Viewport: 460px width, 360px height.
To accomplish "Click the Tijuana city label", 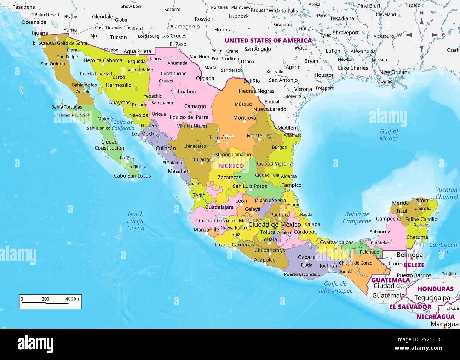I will pos(39,33).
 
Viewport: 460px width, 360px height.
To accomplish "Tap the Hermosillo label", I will pos(119,85).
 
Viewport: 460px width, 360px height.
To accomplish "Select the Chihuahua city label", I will pos(183,92).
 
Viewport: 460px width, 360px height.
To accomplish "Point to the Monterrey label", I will pos(259,135).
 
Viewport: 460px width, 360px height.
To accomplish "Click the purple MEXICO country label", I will pos(231,166).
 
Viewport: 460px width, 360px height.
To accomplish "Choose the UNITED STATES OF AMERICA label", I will pos(268,40).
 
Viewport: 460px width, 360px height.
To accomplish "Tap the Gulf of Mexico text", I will pos(389,135).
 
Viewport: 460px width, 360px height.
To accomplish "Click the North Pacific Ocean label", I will pos(136,221).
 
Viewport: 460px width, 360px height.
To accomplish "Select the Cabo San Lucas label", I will pos(132,175).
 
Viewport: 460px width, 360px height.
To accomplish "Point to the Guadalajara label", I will pos(219,207).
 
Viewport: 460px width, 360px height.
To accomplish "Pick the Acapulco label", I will pos(265,260).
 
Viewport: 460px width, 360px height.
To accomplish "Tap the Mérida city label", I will pos(400,203).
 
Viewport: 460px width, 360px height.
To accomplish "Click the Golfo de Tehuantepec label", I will pos(335,287).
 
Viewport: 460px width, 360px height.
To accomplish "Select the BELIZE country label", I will pos(414,265).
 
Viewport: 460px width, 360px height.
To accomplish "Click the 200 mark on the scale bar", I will pos(46,299).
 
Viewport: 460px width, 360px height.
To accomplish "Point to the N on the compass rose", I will pos(421,13).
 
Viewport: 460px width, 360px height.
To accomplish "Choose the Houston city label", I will pos(324,75).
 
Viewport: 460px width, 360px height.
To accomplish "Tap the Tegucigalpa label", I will pos(432,298).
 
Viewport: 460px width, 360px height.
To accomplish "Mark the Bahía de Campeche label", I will pos(357,217).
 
